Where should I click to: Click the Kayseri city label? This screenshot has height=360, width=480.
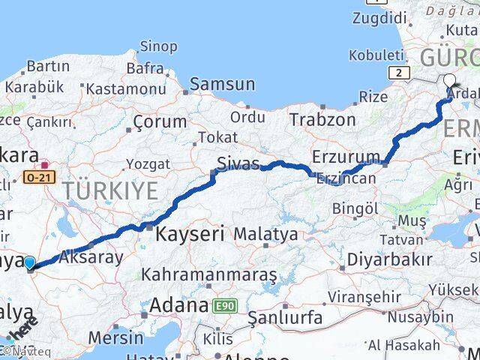tap(190, 235)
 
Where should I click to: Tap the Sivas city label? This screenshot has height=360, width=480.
tap(238, 163)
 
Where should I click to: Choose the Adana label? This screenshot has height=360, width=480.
tap(178, 305)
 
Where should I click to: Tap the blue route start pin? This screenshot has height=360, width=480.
tap(29, 262)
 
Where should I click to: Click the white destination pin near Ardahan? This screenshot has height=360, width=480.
tap(449, 82)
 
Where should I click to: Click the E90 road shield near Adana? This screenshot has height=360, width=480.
tap(223, 306)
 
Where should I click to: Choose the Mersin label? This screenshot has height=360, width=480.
tap(115, 337)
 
